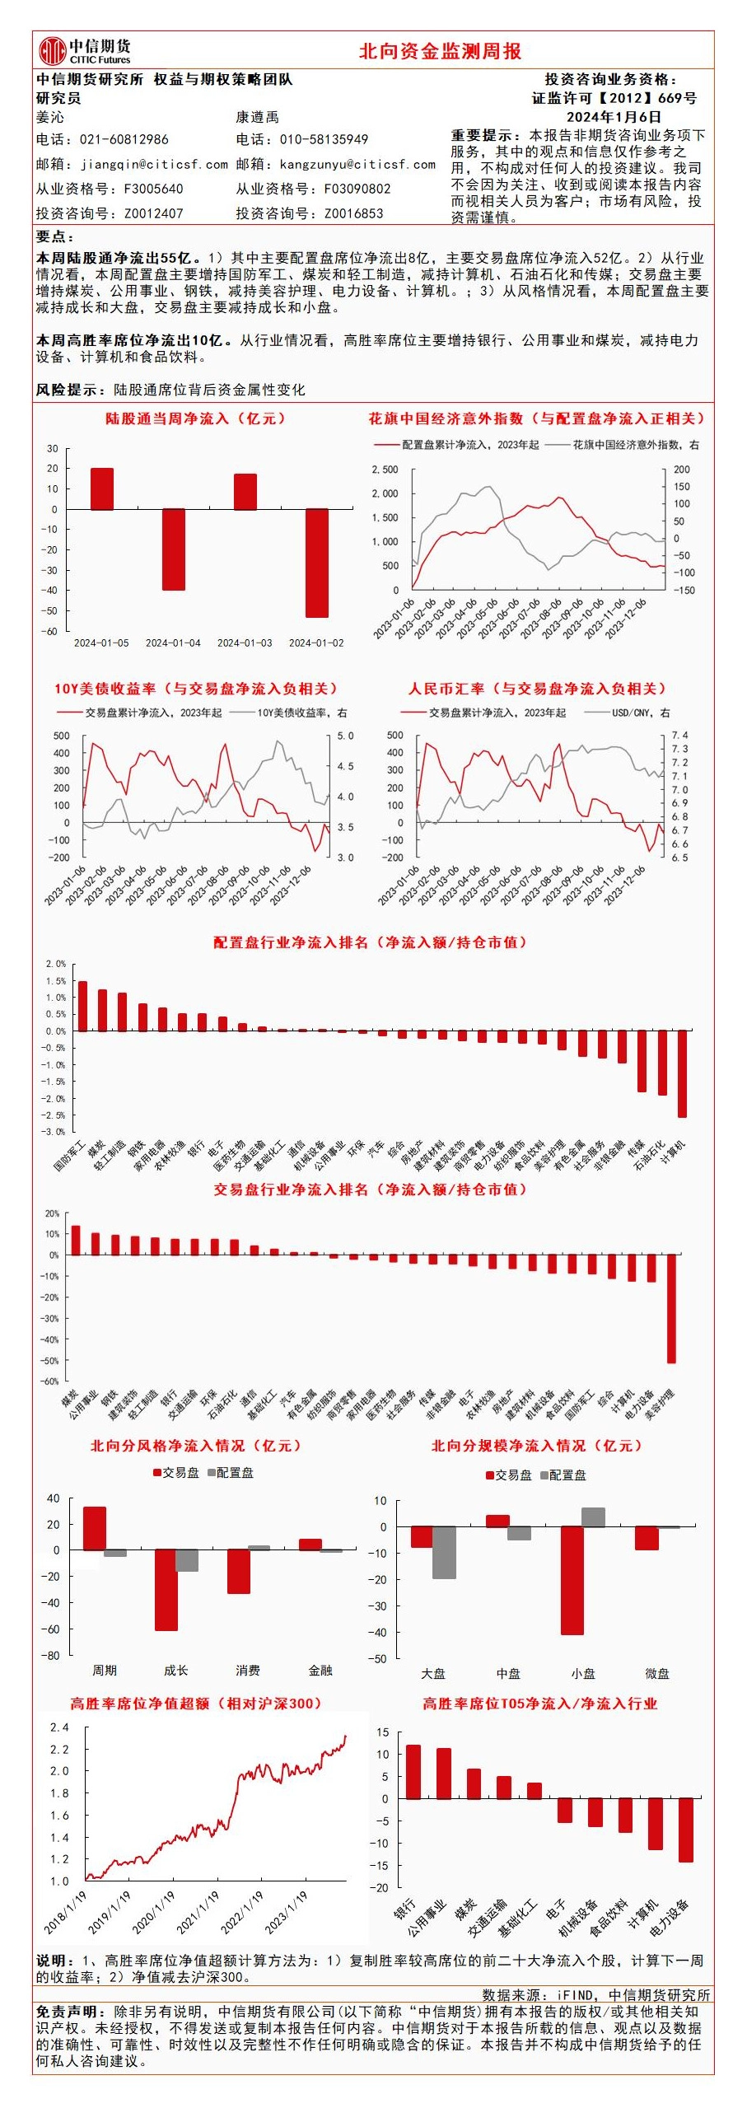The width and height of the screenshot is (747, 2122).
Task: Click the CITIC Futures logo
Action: (84, 50)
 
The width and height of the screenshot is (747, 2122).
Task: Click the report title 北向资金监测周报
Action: (440, 51)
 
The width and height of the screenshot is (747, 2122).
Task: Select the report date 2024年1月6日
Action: (614, 117)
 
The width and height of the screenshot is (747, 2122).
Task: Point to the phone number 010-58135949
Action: (324, 139)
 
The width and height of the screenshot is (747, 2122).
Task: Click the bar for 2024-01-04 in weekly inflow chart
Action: (173, 549)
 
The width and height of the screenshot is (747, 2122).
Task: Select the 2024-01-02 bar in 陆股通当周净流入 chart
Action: (316, 563)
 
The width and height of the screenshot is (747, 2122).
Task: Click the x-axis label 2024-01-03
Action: (245, 643)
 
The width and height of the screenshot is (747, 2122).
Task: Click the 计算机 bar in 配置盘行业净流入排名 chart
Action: (682, 1073)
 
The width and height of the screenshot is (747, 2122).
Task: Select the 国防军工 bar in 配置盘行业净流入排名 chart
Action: (82, 1006)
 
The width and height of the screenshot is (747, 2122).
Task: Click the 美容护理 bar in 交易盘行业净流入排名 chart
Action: (671, 1307)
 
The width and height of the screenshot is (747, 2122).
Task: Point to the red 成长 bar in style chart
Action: (166, 1590)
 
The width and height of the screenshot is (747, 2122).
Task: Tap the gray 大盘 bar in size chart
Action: (444, 1552)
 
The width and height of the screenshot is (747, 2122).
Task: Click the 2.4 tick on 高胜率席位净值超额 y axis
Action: (59, 1727)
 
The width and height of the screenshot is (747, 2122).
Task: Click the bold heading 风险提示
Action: (70, 390)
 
